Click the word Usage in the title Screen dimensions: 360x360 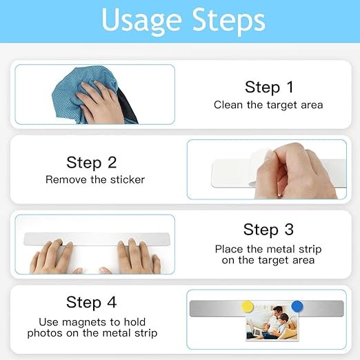[141, 21]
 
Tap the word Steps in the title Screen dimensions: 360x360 [228, 21]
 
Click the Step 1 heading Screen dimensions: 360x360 [269, 87]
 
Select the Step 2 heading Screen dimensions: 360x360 [92, 163]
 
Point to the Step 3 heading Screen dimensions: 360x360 [268, 230]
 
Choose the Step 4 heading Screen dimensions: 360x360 [91, 302]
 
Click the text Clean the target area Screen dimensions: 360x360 [268, 105]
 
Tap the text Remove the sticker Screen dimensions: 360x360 [95, 179]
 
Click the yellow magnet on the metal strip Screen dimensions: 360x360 [248, 307]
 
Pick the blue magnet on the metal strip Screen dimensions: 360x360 [297, 306]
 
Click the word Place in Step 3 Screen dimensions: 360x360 [229, 249]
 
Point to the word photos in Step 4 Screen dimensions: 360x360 [45, 333]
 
